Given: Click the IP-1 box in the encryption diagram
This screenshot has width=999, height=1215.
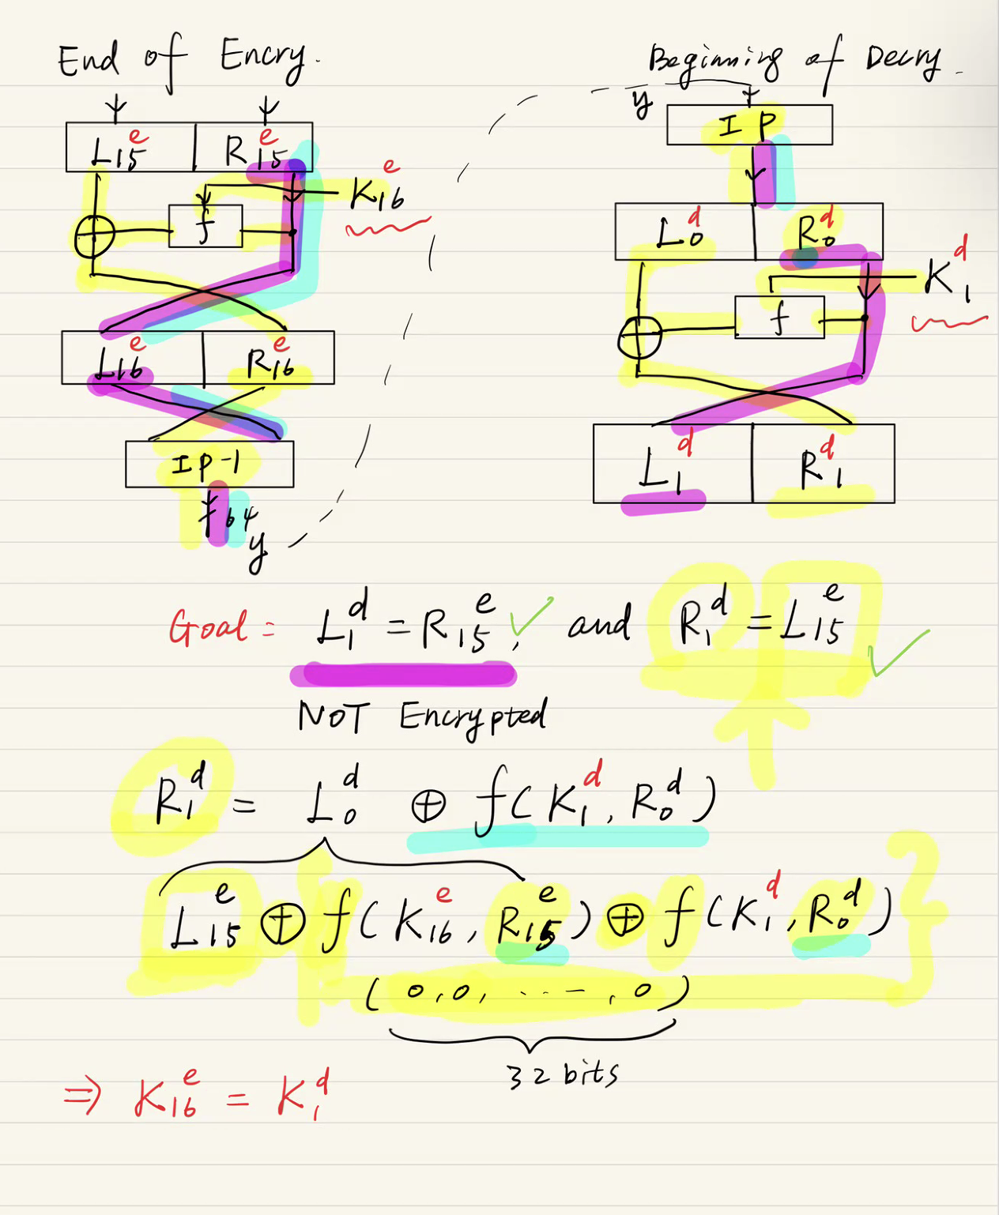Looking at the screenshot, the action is (x=209, y=464).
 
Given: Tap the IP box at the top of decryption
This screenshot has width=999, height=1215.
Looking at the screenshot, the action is (x=748, y=125).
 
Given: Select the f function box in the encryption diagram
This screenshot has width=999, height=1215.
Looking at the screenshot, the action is (x=205, y=226).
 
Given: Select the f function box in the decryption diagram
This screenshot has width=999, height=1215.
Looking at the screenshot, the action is (x=779, y=318).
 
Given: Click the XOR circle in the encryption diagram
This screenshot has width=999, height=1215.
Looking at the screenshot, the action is (x=94, y=235).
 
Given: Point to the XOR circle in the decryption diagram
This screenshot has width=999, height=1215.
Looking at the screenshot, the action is (x=639, y=337).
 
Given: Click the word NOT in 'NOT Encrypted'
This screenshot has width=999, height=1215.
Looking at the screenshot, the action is (x=332, y=717).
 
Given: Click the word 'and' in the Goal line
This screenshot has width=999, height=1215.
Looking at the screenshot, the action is (x=599, y=625).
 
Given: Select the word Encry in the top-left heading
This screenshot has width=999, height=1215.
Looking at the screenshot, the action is (x=262, y=57).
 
